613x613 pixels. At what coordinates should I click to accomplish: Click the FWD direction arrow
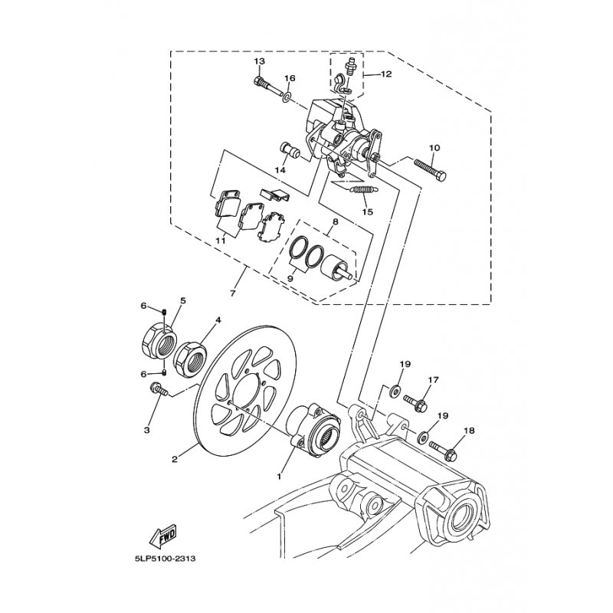tap(162, 535)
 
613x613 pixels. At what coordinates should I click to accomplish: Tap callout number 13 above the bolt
tap(259, 61)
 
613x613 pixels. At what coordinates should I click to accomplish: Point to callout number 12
tap(385, 74)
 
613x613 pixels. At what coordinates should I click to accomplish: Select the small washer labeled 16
tap(287, 96)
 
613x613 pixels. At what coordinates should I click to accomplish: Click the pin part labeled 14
tap(290, 150)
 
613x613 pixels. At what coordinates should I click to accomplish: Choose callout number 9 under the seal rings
tap(290, 278)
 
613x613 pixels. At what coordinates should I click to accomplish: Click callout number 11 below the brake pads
tap(221, 241)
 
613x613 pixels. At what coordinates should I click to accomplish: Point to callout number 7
tap(233, 293)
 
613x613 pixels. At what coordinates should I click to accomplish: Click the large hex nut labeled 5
tap(158, 339)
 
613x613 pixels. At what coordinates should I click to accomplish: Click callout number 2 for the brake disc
tap(175, 460)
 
